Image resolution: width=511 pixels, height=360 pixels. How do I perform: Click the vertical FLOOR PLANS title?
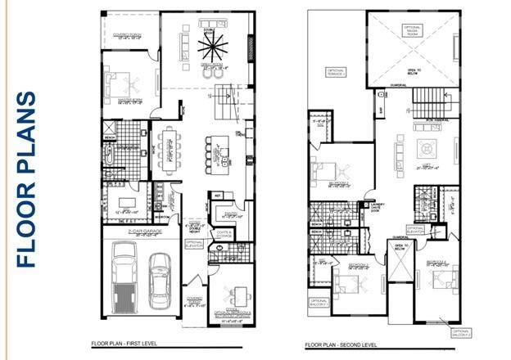point(26,179)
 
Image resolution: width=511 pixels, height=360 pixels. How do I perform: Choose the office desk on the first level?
point(237,295)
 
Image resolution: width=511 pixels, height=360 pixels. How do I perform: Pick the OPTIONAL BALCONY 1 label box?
point(319,303)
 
